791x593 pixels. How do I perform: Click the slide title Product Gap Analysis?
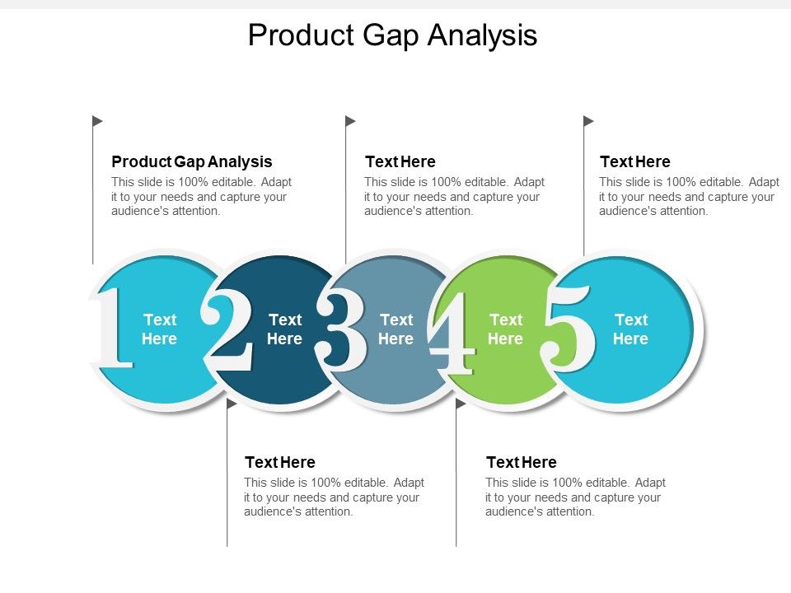[x=392, y=36]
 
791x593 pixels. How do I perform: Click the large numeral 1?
[x=112, y=328]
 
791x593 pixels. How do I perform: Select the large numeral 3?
[x=341, y=328]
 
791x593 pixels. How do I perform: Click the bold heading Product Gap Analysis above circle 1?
[x=191, y=161]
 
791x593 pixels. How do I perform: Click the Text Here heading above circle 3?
[x=400, y=161]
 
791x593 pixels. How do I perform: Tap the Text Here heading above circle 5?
[x=634, y=161]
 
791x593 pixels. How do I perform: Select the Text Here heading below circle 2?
[x=280, y=462]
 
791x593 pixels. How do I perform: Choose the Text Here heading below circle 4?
[x=522, y=462]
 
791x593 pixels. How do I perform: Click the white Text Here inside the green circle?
[x=505, y=329]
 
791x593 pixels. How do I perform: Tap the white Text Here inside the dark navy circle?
[x=284, y=329]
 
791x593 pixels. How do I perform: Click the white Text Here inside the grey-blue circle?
[x=395, y=329]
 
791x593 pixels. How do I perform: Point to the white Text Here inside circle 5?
[x=630, y=329]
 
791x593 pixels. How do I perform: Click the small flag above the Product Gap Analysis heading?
[x=97, y=121]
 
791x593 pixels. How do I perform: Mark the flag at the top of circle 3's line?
[x=350, y=121]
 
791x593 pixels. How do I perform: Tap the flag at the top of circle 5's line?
[x=588, y=121]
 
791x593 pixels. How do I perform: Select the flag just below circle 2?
[x=232, y=404]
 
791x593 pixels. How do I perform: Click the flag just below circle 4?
[x=461, y=404]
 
